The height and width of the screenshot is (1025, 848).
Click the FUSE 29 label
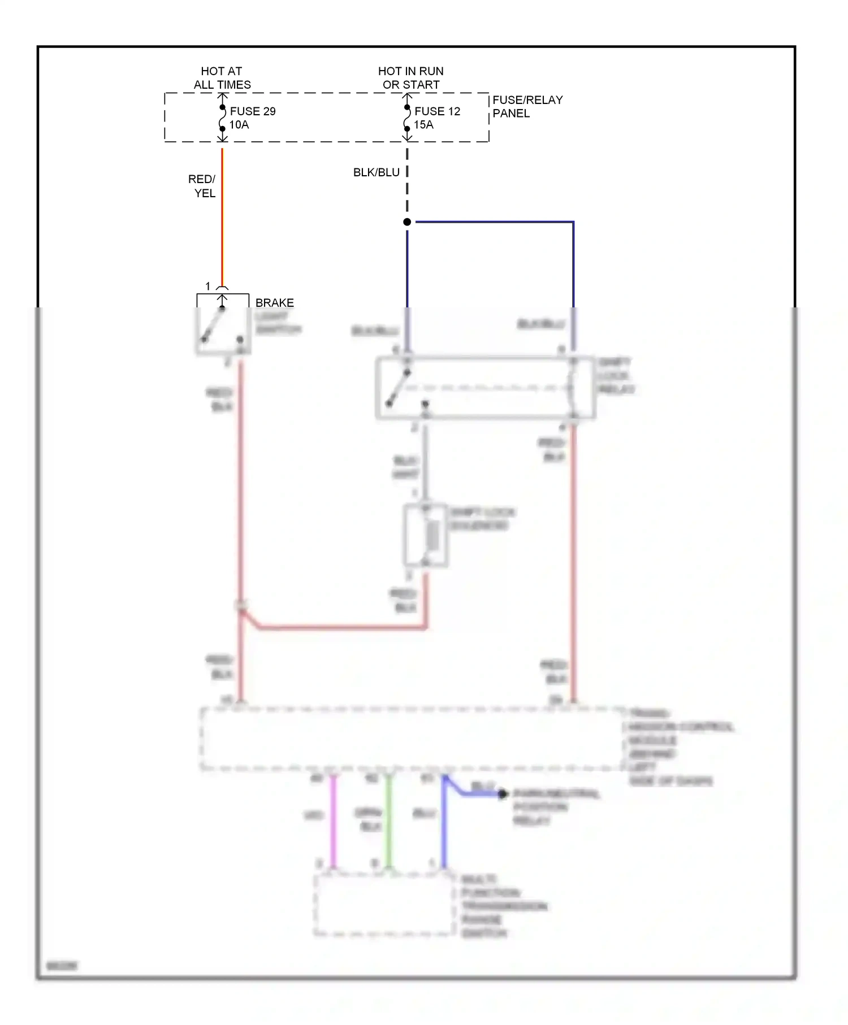(x=253, y=111)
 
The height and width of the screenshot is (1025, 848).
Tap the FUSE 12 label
(x=437, y=111)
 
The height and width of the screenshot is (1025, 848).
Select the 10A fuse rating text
(x=239, y=125)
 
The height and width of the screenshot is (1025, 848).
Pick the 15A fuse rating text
(x=423, y=125)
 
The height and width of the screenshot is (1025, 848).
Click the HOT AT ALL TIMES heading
(x=222, y=78)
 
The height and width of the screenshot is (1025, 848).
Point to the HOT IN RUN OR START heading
(x=411, y=78)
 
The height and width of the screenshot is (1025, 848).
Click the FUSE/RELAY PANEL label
(x=527, y=106)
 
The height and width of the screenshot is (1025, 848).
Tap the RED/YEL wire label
(x=202, y=186)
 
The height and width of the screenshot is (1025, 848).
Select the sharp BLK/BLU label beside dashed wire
(x=376, y=172)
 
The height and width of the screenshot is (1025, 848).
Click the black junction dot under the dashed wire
(x=407, y=222)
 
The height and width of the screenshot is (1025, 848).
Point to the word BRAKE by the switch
(x=275, y=303)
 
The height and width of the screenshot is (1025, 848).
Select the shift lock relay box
(x=485, y=388)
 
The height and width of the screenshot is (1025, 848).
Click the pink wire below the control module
(x=334, y=822)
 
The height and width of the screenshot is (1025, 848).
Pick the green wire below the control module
(x=388, y=822)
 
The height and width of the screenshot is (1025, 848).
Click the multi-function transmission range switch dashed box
(x=384, y=905)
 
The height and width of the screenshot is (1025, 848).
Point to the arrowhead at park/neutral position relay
(x=503, y=794)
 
